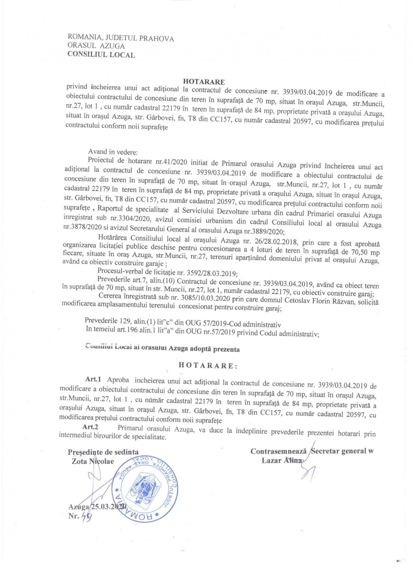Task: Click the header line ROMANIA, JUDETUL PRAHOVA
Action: [x=121, y=38]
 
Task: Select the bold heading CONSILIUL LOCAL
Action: [x=101, y=55]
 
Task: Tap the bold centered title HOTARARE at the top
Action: [x=204, y=82]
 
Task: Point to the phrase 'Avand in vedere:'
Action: [x=113, y=152]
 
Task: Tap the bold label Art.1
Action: [x=93, y=379]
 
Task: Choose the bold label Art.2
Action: [x=90, y=426]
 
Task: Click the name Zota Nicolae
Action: [x=93, y=461]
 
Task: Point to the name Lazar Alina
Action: [x=282, y=460]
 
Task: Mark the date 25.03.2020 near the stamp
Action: [x=109, y=507]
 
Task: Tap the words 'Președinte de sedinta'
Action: [x=103, y=452]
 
